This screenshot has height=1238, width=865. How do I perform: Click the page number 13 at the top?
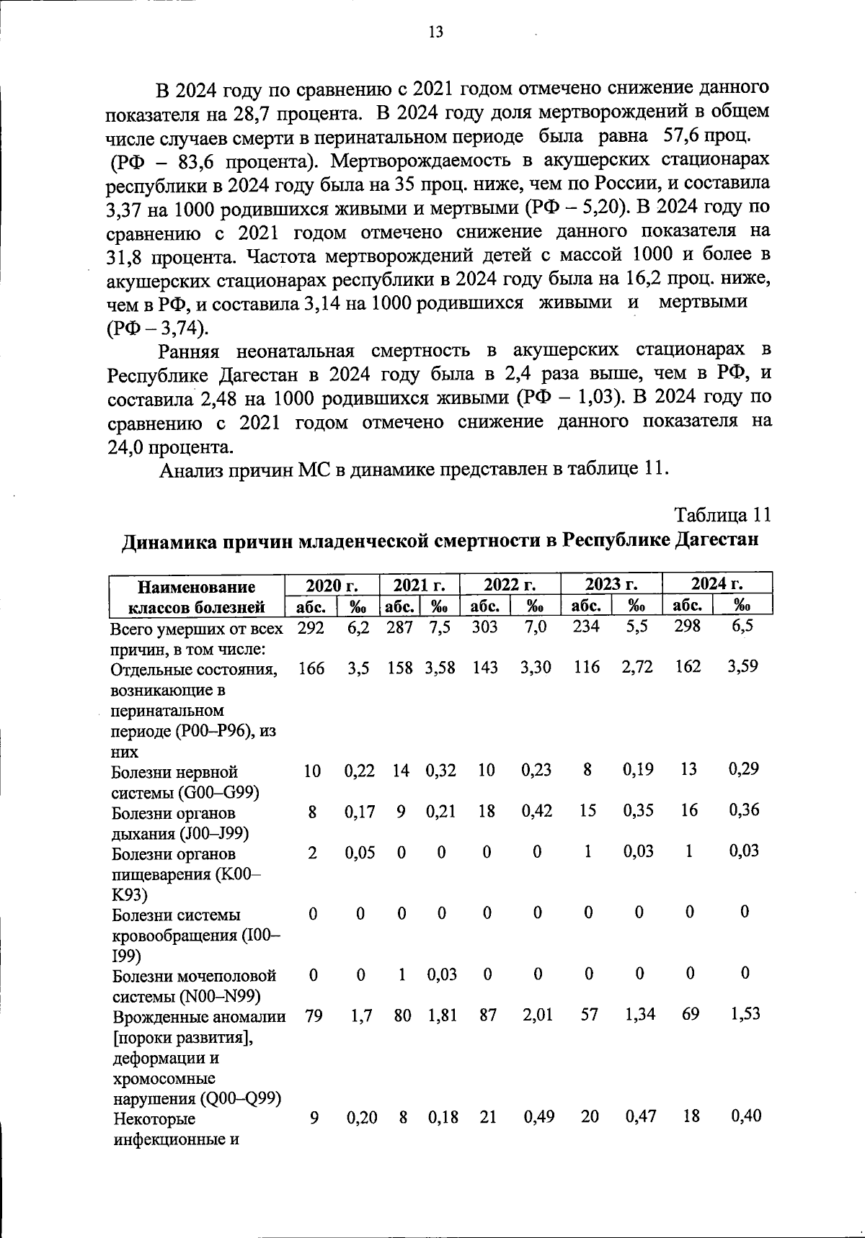(x=435, y=32)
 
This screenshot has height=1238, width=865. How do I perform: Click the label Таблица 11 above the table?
(x=722, y=516)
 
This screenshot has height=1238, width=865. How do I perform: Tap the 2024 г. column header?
(x=717, y=583)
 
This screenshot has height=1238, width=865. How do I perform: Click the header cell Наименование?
(x=197, y=586)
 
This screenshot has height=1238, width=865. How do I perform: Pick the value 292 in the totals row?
(x=311, y=627)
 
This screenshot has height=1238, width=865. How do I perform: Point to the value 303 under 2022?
(x=484, y=627)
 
